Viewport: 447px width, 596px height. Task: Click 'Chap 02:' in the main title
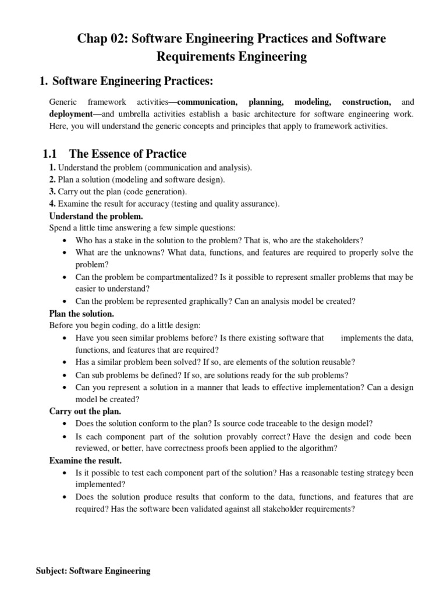102,39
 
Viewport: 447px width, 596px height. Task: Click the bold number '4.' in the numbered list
52,204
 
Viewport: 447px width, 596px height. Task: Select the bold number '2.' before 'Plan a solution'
52,179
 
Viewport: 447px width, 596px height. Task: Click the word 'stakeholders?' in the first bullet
339,240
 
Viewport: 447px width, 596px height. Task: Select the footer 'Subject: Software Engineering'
93,571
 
